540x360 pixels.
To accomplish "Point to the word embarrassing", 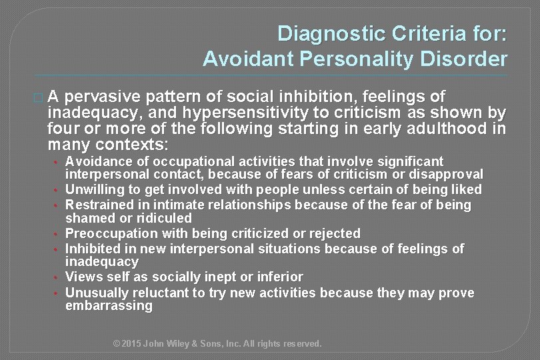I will coord(109,306).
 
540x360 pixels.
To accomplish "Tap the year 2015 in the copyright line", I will coord(131,344).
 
